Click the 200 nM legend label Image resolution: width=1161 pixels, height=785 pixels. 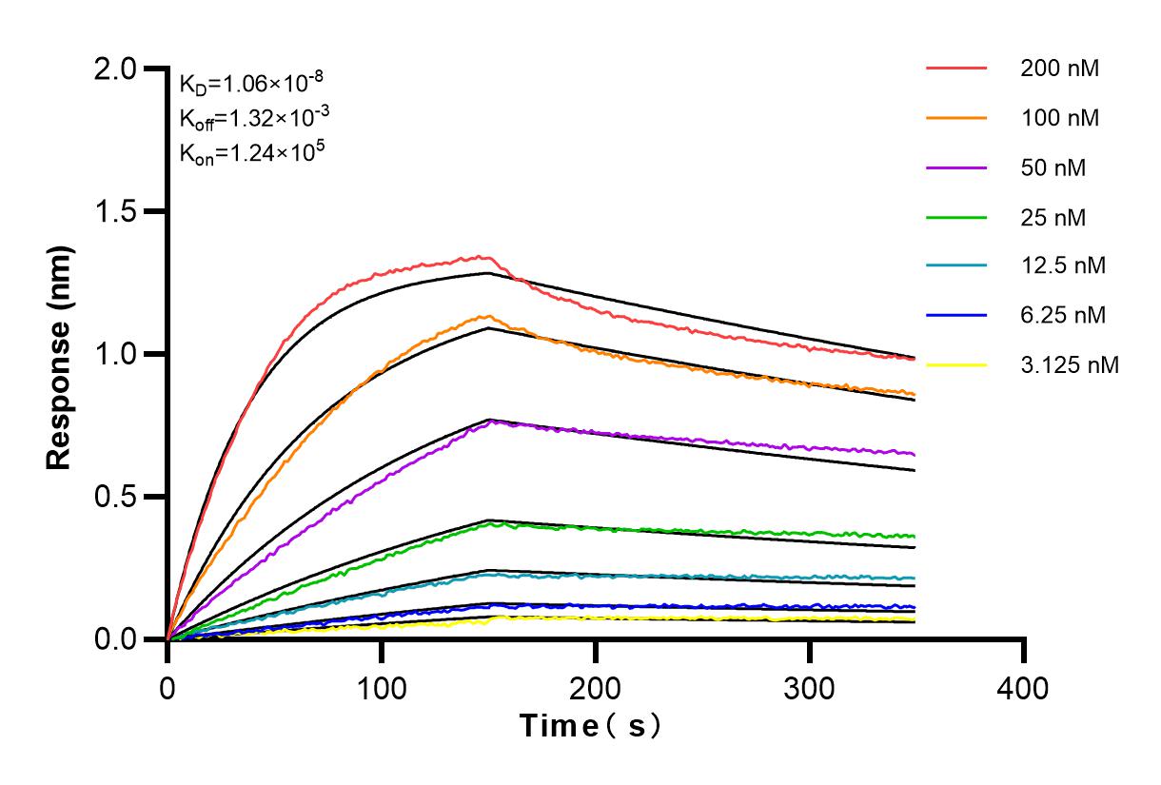click(x=1060, y=69)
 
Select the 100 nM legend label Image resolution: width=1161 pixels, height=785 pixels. click(x=1060, y=119)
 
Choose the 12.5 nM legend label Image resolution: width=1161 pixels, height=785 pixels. click(x=1063, y=265)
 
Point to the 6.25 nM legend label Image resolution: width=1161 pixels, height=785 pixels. click(x=1063, y=315)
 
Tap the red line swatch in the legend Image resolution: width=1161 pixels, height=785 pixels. click(x=955, y=69)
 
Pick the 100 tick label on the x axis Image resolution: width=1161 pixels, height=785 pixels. click(x=381, y=687)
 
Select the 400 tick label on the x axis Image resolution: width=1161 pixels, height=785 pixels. click(x=1023, y=687)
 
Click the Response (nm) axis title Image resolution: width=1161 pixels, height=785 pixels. click(x=61, y=354)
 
